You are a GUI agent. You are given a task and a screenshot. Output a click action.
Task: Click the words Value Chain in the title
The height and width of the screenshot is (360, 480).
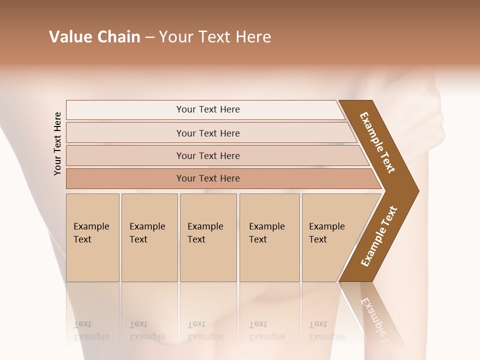[x=94, y=37]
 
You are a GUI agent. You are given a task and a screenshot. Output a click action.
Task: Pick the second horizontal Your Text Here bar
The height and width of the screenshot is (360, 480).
[x=208, y=133]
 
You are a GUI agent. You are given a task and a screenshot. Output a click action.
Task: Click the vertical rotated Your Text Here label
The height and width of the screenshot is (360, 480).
[x=57, y=143]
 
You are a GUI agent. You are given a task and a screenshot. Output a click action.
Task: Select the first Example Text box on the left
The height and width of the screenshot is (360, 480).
[x=92, y=237]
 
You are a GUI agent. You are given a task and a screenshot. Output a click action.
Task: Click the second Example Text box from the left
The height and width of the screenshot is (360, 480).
[x=149, y=237]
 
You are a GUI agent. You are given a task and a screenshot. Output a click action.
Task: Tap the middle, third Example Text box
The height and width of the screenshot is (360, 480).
[x=208, y=237]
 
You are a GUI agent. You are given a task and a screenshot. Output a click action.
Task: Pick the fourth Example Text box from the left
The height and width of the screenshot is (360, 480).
[x=269, y=237]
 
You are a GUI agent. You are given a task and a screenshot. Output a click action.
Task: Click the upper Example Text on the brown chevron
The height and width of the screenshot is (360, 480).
[x=377, y=142]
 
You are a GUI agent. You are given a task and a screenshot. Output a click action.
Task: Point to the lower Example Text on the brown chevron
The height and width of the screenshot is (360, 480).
[x=378, y=236]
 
